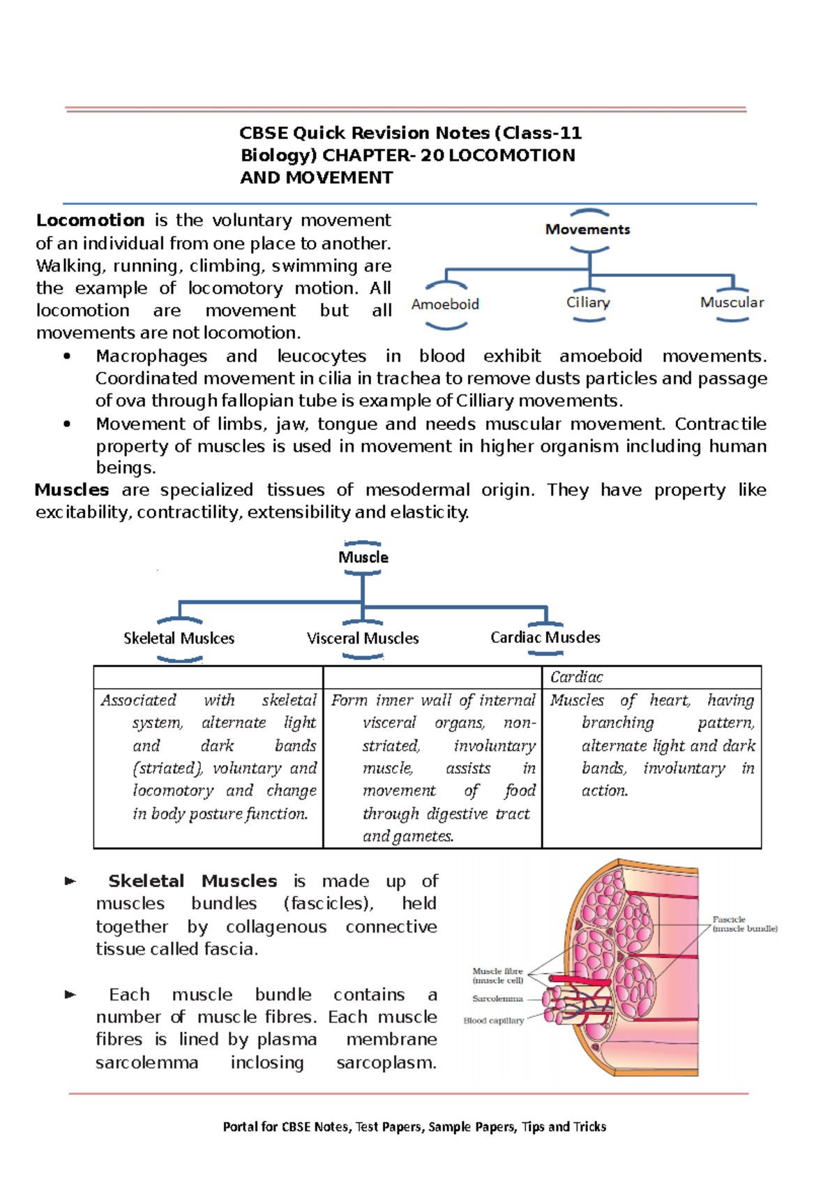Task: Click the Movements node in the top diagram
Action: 587,230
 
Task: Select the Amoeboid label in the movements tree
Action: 445,304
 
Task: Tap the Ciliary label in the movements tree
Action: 588,302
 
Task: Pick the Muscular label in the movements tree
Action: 732,302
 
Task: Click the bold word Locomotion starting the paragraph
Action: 90,221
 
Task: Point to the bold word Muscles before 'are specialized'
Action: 72,490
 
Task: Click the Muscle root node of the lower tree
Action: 363,557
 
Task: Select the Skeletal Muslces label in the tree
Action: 179,638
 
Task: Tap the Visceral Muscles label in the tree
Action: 363,638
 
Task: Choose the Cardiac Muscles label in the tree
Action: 545,637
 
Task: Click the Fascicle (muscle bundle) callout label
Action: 744,924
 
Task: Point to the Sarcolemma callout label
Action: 497,999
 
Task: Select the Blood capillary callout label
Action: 493,1020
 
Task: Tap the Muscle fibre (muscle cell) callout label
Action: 497,976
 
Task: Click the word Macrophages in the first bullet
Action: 151,357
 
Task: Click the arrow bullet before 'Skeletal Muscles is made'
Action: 70,881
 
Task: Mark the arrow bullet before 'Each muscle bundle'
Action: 70,994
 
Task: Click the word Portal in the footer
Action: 239,1126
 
